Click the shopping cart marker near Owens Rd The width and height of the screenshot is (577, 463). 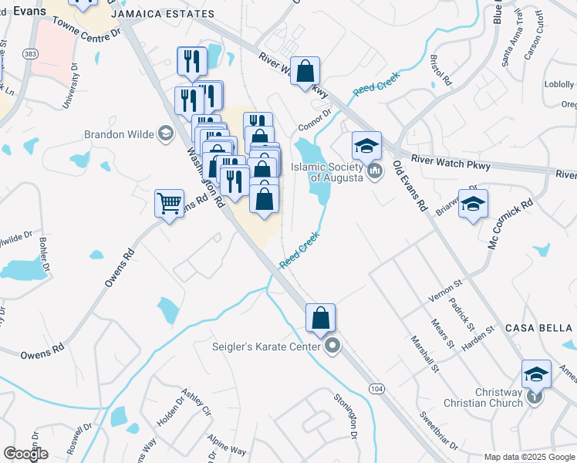pos(169,204)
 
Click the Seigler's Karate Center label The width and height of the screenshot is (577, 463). pos(265,346)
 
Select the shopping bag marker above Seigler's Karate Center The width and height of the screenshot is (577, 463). pos(320,317)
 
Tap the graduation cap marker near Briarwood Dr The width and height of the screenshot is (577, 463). pos(473,204)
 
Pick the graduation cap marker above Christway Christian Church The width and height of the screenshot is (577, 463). pos(536,374)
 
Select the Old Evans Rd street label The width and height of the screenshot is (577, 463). pos(410,186)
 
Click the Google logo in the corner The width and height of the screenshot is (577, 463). pos(25,454)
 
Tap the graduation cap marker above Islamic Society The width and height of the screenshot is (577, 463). pos(367,144)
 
